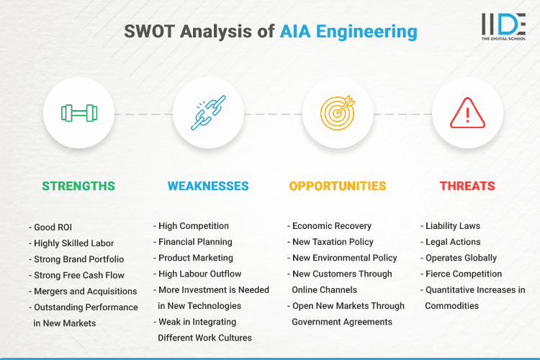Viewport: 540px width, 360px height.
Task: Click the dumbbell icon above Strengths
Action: coord(78,113)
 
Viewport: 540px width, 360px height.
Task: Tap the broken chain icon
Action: coord(208,113)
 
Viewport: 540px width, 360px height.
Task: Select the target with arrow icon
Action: coord(337,113)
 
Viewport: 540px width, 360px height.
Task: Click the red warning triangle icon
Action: coord(467,113)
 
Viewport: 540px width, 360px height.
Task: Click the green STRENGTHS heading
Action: coord(78,186)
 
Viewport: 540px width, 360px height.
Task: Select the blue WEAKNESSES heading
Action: coord(208,186)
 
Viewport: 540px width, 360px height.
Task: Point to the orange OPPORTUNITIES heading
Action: coord(337,186)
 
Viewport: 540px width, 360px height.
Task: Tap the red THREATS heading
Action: coord(467,186)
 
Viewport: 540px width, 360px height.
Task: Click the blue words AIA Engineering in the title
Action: coord(348,32)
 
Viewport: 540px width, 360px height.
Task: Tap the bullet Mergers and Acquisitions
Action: coord(85,291)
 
